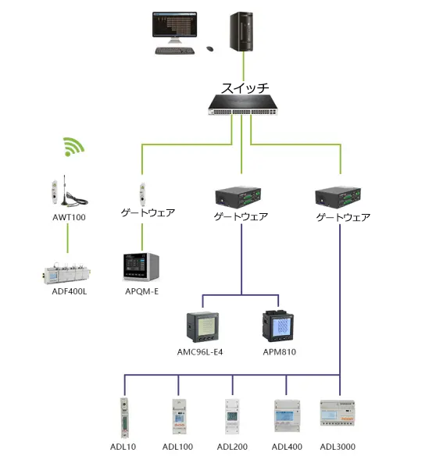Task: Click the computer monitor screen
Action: coord(174,24)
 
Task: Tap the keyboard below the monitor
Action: coord(174,51)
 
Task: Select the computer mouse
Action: coord(210,49)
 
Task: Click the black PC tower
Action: coord(241,31)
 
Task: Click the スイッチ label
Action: coord(245,88)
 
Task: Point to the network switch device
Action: coord(243,105)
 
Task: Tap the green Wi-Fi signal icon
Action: coord(73,147)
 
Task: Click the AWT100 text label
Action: coord(69,217)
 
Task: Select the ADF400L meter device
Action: coord(67,273)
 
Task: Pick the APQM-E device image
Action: coord(141,267)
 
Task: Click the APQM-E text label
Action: coord(141,291)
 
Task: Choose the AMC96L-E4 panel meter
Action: coord(202,327)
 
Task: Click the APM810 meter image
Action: coord(278,326)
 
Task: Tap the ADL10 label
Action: coord(123,447)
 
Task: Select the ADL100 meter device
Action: coord(179,417)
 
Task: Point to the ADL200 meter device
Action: coord(232,416)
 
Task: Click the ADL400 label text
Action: coord(287,447)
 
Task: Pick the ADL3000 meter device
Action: coord(338,413)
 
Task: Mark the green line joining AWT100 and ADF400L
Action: coord(68,238)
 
